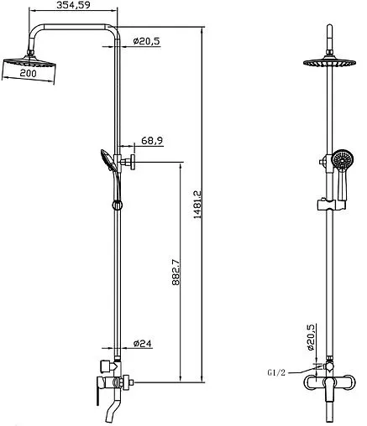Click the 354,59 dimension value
[x=73, y=5]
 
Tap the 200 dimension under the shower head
[x=29, y=73]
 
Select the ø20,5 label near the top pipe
[x=146, y=41]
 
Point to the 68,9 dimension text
[x=152, y=140]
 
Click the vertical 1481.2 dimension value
[x=197, y=205]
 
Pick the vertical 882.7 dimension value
[x=176, y=273]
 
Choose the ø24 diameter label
[x=143, y=343]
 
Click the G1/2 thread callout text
[x=276, y=372]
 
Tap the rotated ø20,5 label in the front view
[x=311, y=337]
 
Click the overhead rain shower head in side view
[x=29, y=62]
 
